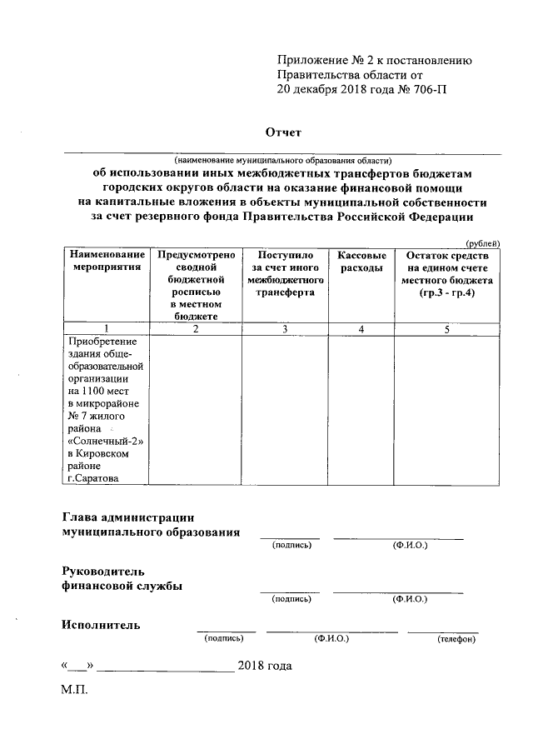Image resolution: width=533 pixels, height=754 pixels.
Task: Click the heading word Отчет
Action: (x=282, y=132)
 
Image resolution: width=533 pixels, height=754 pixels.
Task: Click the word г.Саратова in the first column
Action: (x=93, y=478)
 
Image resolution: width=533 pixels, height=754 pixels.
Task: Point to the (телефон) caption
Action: (x=456, y=638)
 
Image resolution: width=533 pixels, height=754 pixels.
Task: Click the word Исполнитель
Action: (x=100, y=625)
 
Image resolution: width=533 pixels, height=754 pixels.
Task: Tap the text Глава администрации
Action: (x=129, y=517)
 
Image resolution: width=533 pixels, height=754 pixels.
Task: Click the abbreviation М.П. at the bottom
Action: (x=73, y=692)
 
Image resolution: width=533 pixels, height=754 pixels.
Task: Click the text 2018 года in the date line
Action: (x=265, y=666)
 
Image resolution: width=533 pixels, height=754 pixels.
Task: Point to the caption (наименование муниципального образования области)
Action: (x=282, y=159)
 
